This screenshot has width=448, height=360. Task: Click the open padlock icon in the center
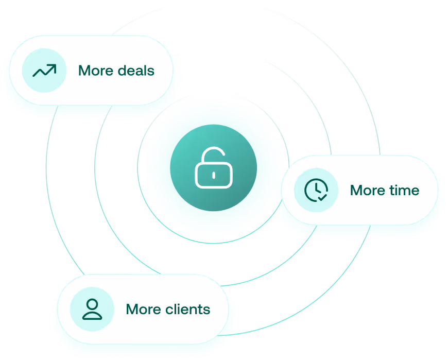213,168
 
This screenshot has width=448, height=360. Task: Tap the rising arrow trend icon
44,70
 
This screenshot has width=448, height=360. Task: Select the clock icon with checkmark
316,190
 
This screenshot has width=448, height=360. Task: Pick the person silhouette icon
92,309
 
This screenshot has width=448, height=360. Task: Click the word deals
135,70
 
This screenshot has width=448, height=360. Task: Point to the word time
404,190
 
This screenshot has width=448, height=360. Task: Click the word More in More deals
95,70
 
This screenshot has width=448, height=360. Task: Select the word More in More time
367,190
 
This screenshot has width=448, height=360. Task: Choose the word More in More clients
143,309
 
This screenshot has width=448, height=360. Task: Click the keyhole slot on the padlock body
213,175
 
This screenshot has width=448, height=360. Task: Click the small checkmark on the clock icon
322,196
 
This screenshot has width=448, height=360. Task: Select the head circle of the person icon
92,304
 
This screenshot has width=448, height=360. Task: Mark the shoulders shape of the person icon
92,315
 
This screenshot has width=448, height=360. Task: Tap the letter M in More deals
84,70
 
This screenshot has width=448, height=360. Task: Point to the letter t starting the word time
391,190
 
